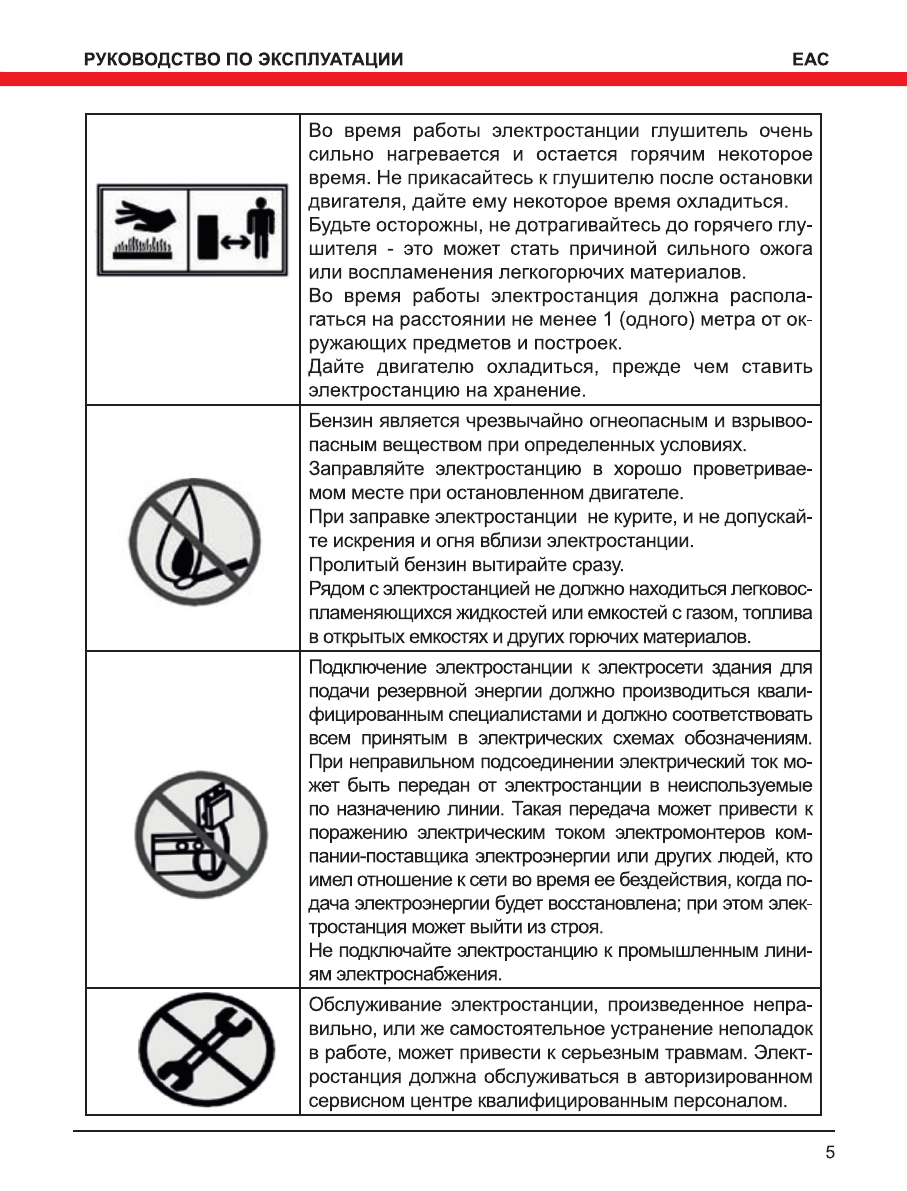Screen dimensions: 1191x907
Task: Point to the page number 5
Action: click(829, 1151)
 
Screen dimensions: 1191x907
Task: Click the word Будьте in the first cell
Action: click(339, 223)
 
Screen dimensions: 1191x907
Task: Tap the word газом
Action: click(626, 611)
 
